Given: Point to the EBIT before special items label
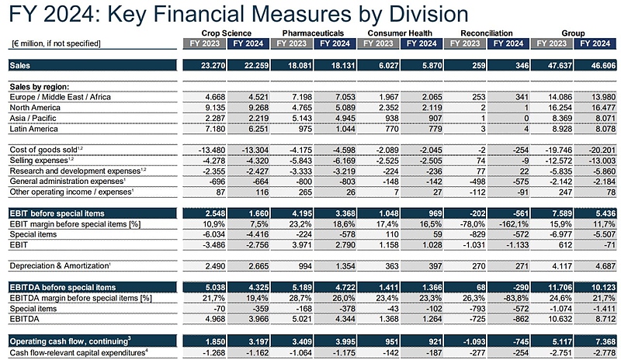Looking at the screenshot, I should point(58,213).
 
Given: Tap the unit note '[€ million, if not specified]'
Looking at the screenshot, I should point(56,43).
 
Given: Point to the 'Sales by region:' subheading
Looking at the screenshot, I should point(40,85).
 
